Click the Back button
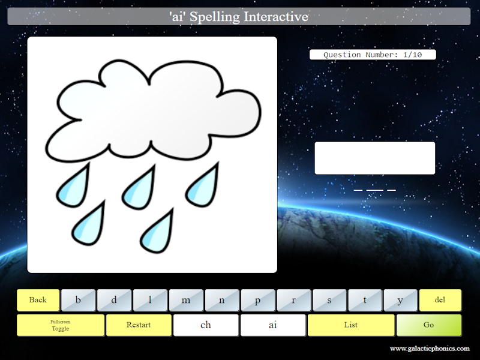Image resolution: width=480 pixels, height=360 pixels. [38, 300]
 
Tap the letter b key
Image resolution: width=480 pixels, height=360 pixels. [79, 300]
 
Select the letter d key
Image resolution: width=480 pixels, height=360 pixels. [115, 300]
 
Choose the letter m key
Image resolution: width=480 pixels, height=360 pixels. [186, 300]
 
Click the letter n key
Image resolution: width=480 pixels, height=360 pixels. [222, 300]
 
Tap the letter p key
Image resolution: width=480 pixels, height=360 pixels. [257, 300]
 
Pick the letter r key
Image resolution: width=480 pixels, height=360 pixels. [293, 300]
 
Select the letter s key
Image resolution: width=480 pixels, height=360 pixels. [329, 300]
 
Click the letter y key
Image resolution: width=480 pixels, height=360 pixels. [400, 300]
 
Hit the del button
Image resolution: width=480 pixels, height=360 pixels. [440, 300]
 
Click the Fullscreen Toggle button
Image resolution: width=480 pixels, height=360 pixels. [61, 325]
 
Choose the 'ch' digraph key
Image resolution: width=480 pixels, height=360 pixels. [206, 325]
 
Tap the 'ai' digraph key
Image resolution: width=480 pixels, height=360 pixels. [273, 325]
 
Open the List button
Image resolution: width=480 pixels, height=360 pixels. [351, 325]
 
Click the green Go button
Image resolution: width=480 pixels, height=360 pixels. [428, 325]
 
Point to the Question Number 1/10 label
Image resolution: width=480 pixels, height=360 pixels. [373, 55]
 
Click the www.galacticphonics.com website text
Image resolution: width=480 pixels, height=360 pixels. [430, 349]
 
